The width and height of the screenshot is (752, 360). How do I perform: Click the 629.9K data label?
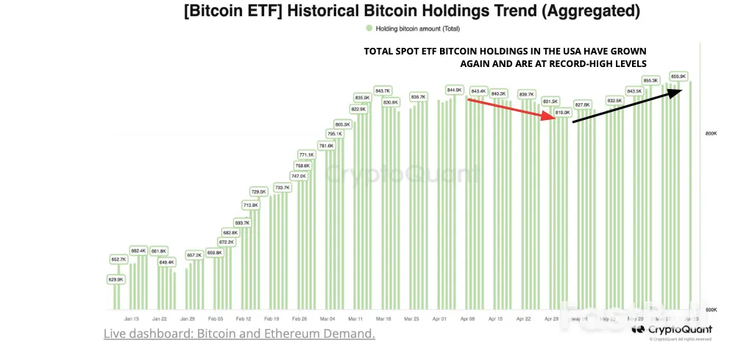[x=116, y=280]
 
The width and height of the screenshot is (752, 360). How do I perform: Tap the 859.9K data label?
[x=678, y=76]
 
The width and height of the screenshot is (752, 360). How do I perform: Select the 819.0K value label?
[x=563, y=112]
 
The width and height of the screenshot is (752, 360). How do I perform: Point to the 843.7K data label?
[x=383, y=91]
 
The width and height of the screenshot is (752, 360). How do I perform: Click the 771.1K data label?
[x=306, y=155]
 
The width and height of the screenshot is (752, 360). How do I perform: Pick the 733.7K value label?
[x=283, y=188]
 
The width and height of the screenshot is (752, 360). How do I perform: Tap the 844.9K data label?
[x=454, y=90]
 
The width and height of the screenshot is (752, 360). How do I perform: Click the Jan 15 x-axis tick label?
[x=132, y=320]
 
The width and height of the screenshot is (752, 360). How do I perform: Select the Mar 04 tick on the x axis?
[x=327, y=320]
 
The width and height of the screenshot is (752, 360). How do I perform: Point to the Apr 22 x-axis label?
[x=524, y=320]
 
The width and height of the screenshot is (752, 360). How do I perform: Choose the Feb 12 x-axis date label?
[x=244, y=320]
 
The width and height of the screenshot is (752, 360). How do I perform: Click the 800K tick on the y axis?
[x=711, y=133]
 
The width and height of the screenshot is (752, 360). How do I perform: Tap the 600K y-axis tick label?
[x=711, y=310]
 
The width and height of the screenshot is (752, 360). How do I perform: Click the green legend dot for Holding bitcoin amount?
[x=369, y=29]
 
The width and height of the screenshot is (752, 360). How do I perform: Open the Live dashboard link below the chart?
[x=239, y=334]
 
